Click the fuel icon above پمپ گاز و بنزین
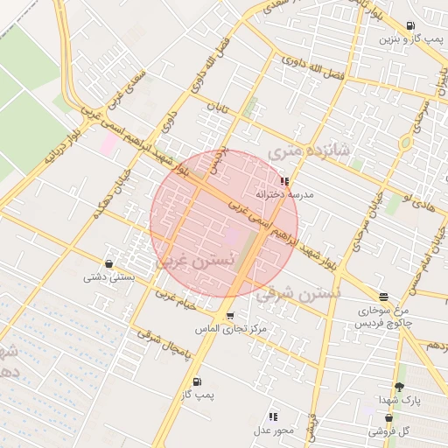[x=411, y=27]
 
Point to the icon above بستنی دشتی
[x=108, y=263]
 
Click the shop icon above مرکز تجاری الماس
[x=229, y=316]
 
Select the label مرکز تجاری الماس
[x=231, y=330]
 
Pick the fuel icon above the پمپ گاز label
[x=196, y=381]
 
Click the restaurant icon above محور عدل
[x=273, y=416]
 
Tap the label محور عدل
[x=273, y=430]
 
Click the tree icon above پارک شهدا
[x=400, y=386]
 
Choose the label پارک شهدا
[x=402, y=400]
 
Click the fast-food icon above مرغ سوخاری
[x=383, y=297]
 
